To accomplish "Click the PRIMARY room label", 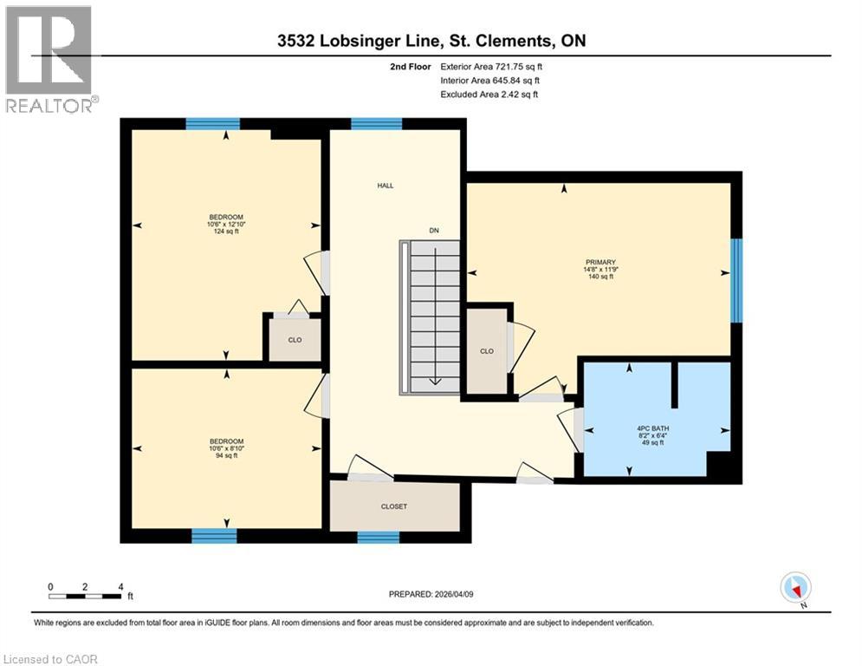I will (600, 261).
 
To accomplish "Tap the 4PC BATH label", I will (652, 428).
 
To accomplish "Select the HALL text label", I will (385, 186).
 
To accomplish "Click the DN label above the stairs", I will (435, 231).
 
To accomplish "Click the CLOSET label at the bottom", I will (393, 506).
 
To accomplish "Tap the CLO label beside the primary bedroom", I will (486, 351).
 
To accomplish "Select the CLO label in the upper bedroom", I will (295, 340).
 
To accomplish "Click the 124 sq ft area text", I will (225, 232).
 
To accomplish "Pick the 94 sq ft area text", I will (225, 455).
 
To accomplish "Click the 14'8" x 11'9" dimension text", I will (600, 269).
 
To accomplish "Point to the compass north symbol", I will (794, 588).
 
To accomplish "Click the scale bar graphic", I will (85, 596).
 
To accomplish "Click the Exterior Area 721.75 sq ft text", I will (492, 66).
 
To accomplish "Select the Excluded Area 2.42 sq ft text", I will (489, 94).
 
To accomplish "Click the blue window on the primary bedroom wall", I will (736, 280).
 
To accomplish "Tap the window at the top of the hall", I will (376, 123).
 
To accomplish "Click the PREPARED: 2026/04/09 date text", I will (432, 594).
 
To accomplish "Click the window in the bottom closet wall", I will (378, 538).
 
